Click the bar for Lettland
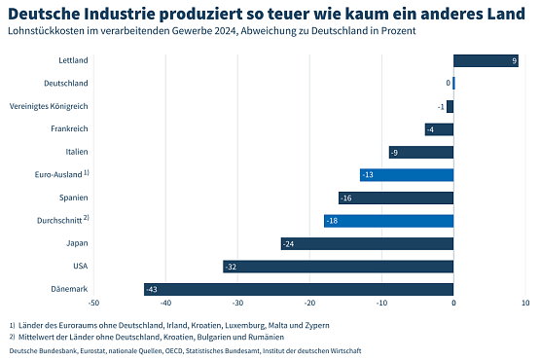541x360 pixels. point(486,61)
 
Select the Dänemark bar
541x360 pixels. point(299,289)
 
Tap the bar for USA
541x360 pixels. point(339,267)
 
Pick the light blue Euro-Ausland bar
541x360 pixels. point(407,175)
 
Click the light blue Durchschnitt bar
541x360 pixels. point(389,221)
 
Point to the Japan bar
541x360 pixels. point(367,243)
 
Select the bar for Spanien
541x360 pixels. point(396,198)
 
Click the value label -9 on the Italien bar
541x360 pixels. point(394,153)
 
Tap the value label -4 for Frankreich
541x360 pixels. point(430,129)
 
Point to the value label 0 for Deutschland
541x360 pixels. point(448,84)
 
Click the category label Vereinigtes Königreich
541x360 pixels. point(49,106)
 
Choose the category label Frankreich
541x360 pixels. point(69,129)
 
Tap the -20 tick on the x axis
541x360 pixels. point(309,304)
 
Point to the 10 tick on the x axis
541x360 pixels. point(525,304)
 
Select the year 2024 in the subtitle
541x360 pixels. point(215,31)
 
